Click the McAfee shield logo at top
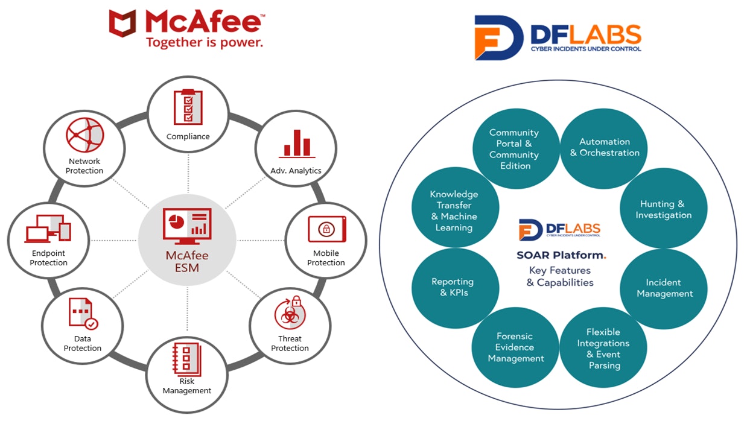(x=122, y=23)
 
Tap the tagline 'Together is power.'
(x=205, y=43)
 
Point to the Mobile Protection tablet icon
(x=326, y=229)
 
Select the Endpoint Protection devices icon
(x=48, y=229)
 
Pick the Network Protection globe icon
(x=85, y=136)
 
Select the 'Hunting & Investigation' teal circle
(x=663, y=209)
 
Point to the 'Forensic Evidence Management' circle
(x=515, y=347)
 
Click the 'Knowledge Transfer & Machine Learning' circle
(x=455, y=210)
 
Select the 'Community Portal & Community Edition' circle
(x=514, y=149)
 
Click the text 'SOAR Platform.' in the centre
(x=561, y=255)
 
